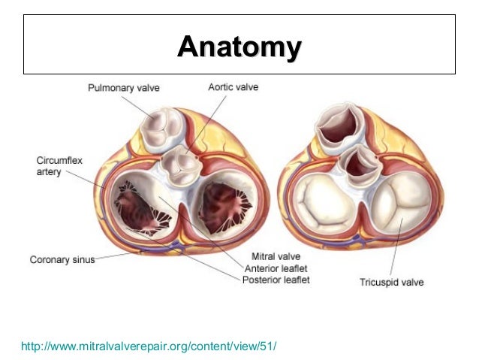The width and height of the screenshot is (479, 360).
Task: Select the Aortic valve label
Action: [233, 88]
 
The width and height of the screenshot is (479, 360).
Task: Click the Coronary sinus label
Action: [62, 261]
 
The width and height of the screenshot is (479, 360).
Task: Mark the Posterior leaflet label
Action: [276, 280]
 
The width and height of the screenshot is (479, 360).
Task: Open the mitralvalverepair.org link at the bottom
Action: [149, 346]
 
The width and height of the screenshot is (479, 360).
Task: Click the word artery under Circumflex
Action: [50, 174]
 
